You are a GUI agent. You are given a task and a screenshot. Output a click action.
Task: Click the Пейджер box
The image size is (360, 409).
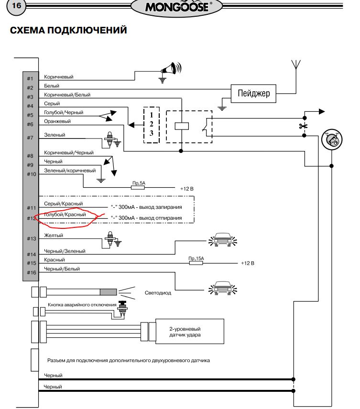(253, 93)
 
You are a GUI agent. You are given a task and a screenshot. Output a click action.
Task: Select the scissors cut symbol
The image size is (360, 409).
(303, 126)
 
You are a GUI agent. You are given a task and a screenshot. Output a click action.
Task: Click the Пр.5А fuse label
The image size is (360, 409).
(139, 183)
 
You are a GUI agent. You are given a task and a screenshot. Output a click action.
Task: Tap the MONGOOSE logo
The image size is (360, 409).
(178, 7)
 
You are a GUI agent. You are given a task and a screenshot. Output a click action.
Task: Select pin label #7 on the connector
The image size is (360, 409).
(30, 138)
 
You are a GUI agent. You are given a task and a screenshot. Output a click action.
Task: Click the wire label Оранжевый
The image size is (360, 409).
(57, 121)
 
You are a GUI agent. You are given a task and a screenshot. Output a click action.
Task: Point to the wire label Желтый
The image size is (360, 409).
(54, 236)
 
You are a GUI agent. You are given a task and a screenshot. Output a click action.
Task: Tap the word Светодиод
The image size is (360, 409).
(158, 293)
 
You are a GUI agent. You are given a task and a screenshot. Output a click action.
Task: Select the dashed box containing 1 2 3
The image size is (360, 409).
(151, 125)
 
